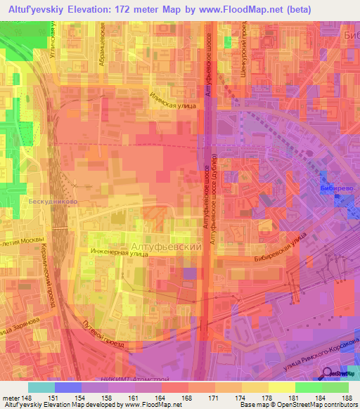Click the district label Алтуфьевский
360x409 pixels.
pyautogui.click(x=167, y=247)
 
